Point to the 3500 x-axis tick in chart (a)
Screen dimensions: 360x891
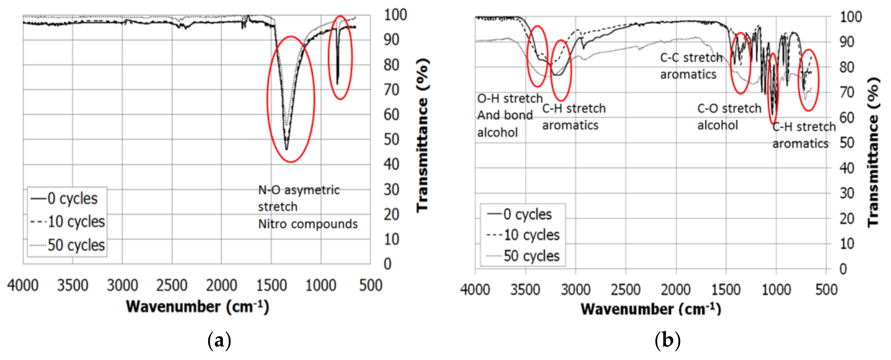click(73, 285)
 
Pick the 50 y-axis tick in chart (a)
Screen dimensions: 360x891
click(391, 139)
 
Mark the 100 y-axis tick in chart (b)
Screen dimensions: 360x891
click(851, 17)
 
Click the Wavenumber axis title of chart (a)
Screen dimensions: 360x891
click(197, 307)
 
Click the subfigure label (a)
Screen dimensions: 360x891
click(219, 341)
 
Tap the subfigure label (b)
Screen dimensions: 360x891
click(667, 341)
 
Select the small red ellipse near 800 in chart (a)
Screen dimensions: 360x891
click(340, 57)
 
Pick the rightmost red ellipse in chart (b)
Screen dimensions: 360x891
click(809, 80)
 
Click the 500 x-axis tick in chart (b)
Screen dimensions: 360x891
click(826, 290)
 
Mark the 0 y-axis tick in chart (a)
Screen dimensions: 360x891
click(388, 264)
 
